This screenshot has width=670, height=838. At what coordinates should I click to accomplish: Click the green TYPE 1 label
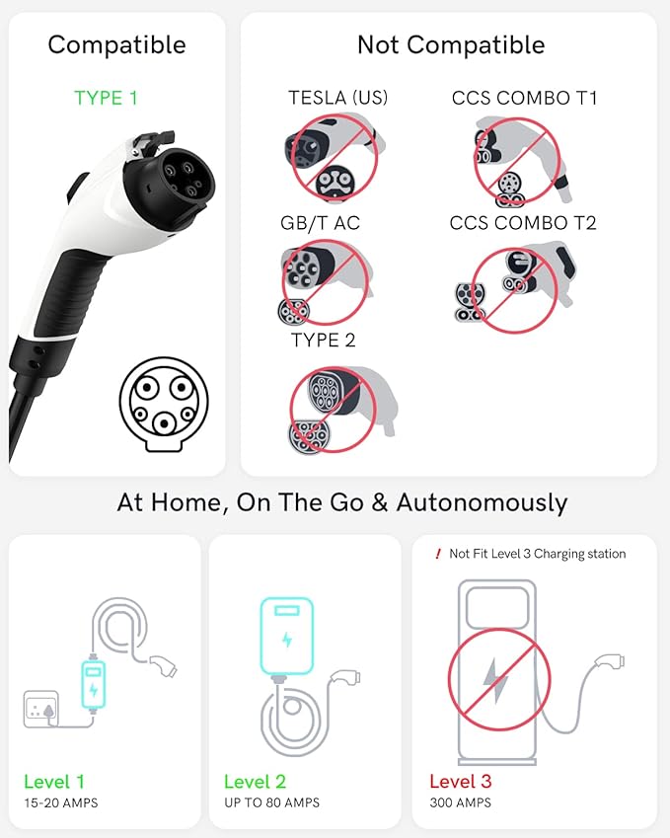point(105,99)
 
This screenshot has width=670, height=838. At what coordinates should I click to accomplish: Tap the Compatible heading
point(116,44)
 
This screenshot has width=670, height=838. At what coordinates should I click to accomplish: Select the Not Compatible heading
point(451,44)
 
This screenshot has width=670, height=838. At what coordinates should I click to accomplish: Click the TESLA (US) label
point(338,99)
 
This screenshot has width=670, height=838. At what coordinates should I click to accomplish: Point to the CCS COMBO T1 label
point(525,99)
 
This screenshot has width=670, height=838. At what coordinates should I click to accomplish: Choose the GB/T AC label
point(321,223)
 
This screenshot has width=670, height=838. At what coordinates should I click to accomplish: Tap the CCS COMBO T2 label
point(525,223)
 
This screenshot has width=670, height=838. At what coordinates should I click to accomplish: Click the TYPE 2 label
point(323,341)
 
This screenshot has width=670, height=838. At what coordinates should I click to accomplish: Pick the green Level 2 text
point(255,782)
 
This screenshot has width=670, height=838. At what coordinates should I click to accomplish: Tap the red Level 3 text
point(460,782)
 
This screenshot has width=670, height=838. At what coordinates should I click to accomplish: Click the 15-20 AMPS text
point(61,803)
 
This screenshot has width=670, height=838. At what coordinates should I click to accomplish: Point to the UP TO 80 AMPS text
point(271,803)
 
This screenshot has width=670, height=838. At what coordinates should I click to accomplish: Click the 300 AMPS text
point(460,803)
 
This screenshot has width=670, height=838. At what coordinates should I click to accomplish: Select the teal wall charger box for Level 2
point(286,637)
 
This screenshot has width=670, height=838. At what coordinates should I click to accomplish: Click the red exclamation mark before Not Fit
point(438,554)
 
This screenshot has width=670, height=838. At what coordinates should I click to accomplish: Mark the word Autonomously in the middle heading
point(482,501)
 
